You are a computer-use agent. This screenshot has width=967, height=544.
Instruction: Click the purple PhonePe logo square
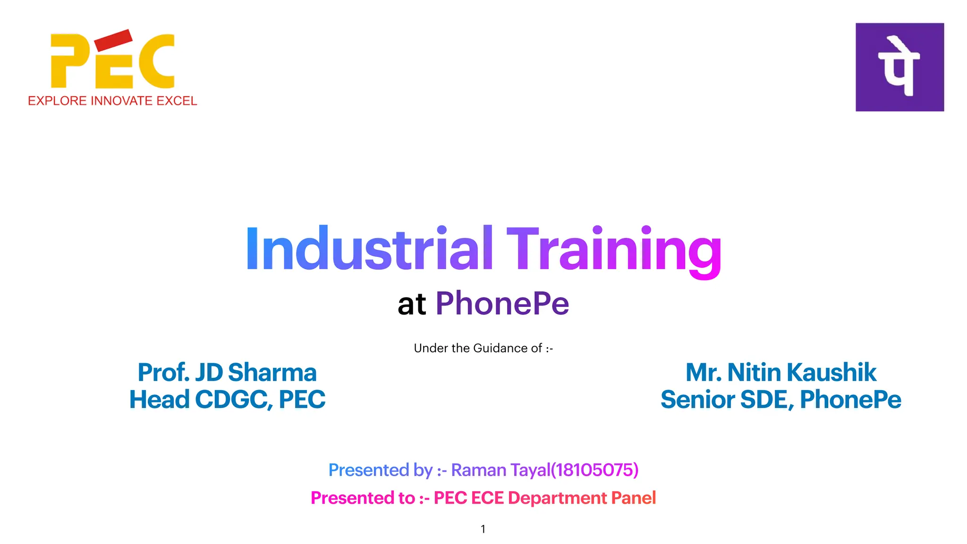click(899, 67)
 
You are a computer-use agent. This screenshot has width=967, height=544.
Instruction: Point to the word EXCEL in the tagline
click(177, 101)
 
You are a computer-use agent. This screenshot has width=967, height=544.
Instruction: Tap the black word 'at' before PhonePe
click(412, 304)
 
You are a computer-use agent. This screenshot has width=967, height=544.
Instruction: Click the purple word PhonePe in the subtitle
click(502, 304)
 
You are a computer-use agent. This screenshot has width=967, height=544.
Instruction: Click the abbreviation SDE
click(766, 399)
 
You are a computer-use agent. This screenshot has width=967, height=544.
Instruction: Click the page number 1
click(483, 529)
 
